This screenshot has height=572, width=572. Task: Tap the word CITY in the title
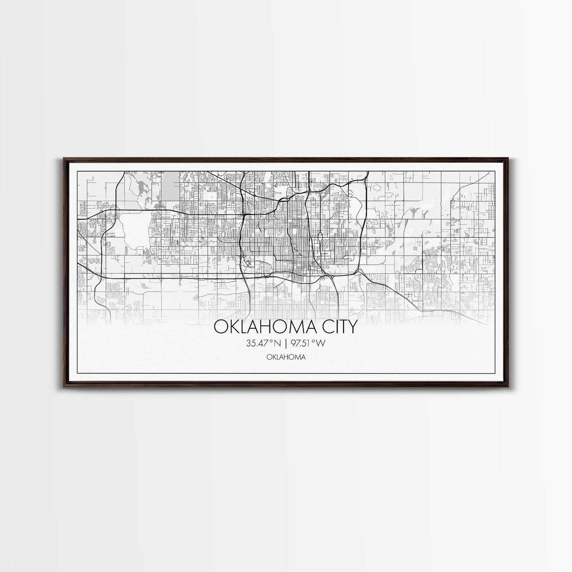click(337, 327)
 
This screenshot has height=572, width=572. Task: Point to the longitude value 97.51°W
click(308, 343)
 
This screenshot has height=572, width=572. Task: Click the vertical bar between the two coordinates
click(286, 343)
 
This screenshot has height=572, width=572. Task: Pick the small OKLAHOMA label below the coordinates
click(286, 357)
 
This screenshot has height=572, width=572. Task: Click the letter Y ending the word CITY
click(353, 327)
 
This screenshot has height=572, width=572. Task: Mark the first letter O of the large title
click(220, 327)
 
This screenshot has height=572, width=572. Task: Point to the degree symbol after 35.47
click(272, 341)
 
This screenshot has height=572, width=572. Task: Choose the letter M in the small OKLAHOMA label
click(296, 357)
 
